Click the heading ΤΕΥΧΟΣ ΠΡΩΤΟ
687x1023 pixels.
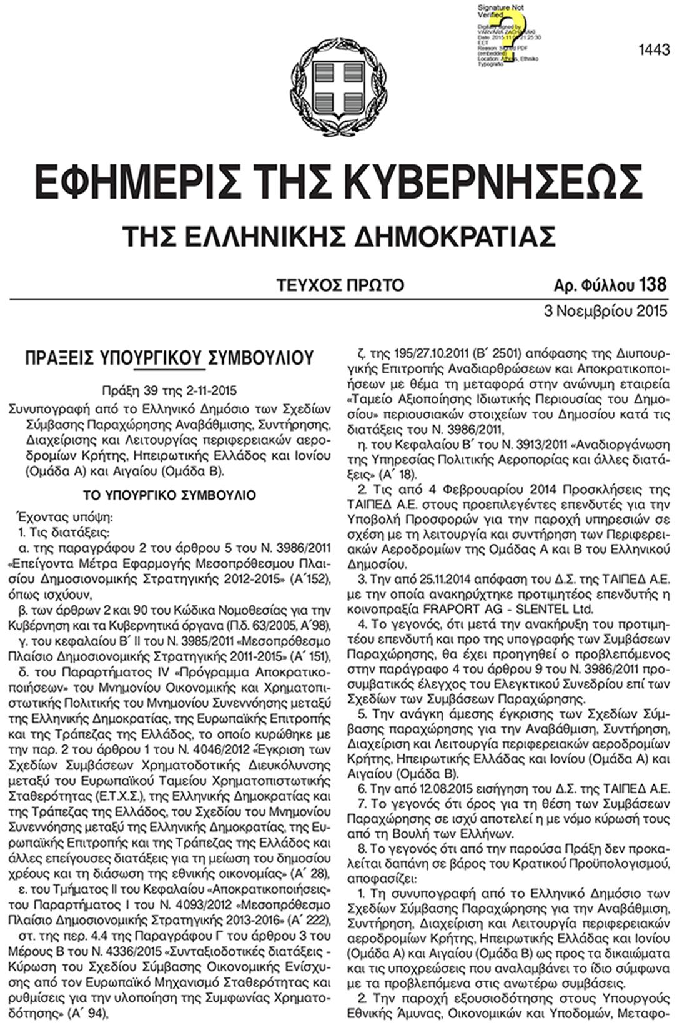340,285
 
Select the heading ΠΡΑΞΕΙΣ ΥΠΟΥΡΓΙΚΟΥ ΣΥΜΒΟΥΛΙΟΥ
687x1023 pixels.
169,358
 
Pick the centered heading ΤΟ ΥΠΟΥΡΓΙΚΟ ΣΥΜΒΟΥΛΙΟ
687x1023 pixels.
169,495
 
